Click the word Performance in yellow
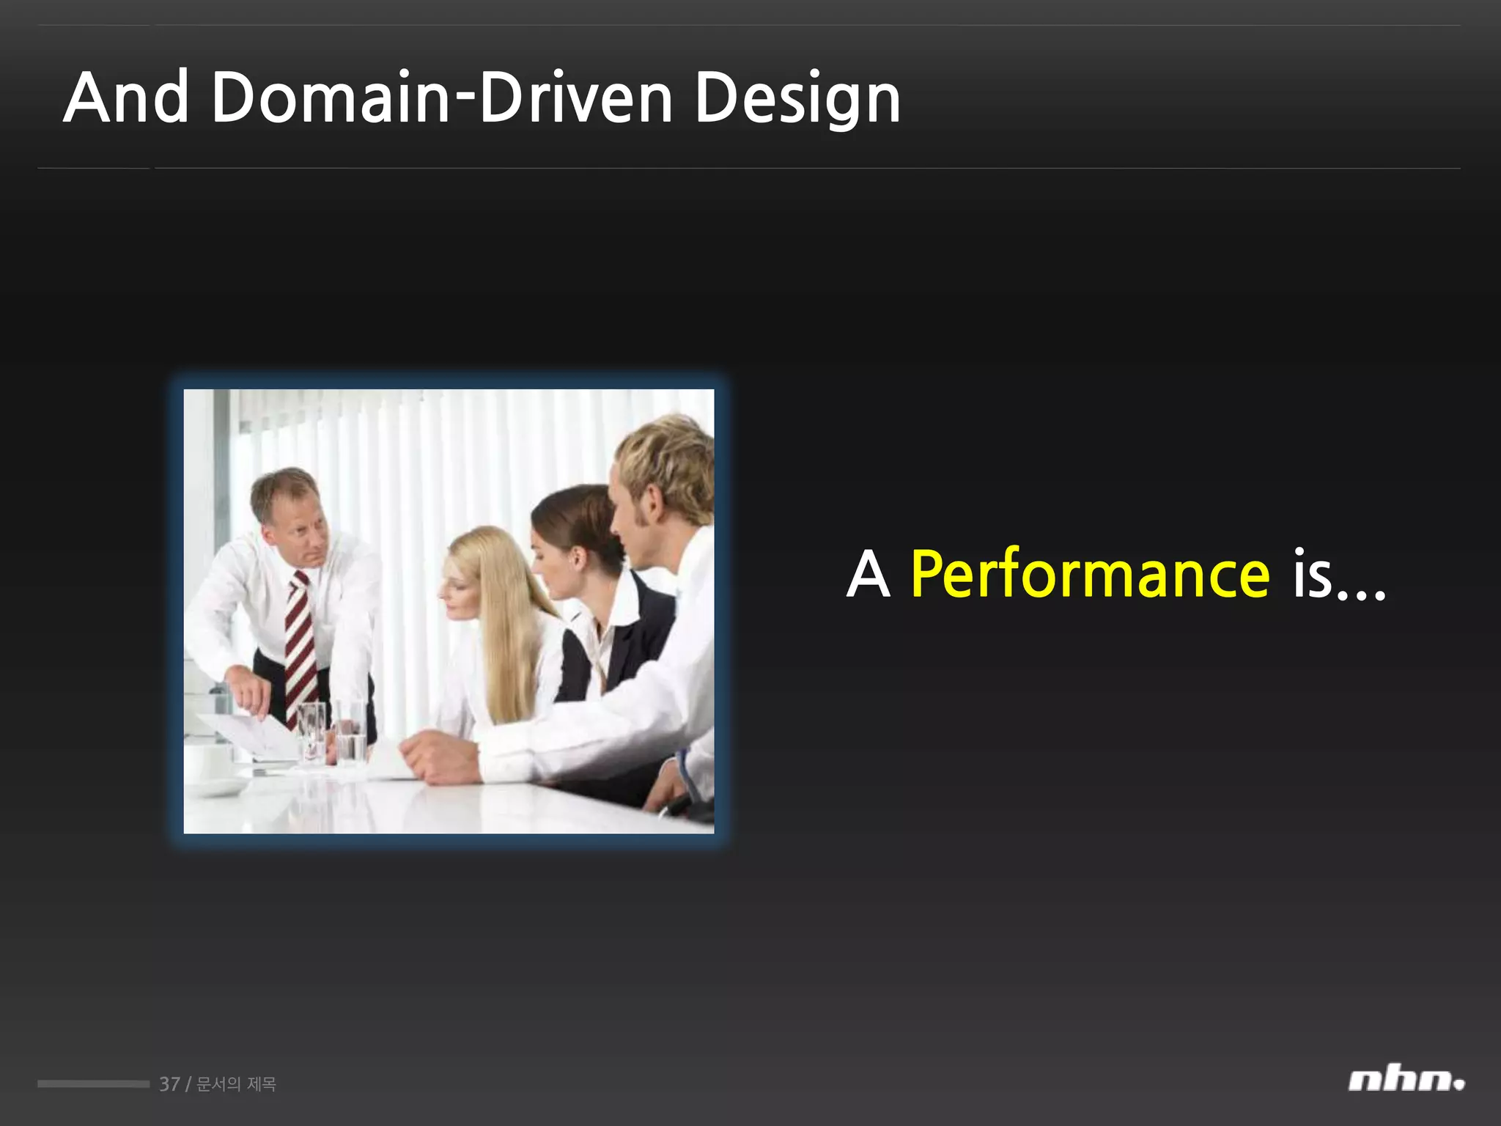coord(1090,575)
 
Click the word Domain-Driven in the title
coord(442,98)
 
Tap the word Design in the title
coord(797,100)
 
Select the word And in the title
coord(126,98)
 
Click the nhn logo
coord(1405,1081)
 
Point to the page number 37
coord(169,1083)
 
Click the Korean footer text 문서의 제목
coord(237,1083)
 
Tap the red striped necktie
coord(301,645)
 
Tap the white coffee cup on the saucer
coord(210,764)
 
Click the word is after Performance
coord(1312,575)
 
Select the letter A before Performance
coord(868,575)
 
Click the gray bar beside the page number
coord(93,1083)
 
